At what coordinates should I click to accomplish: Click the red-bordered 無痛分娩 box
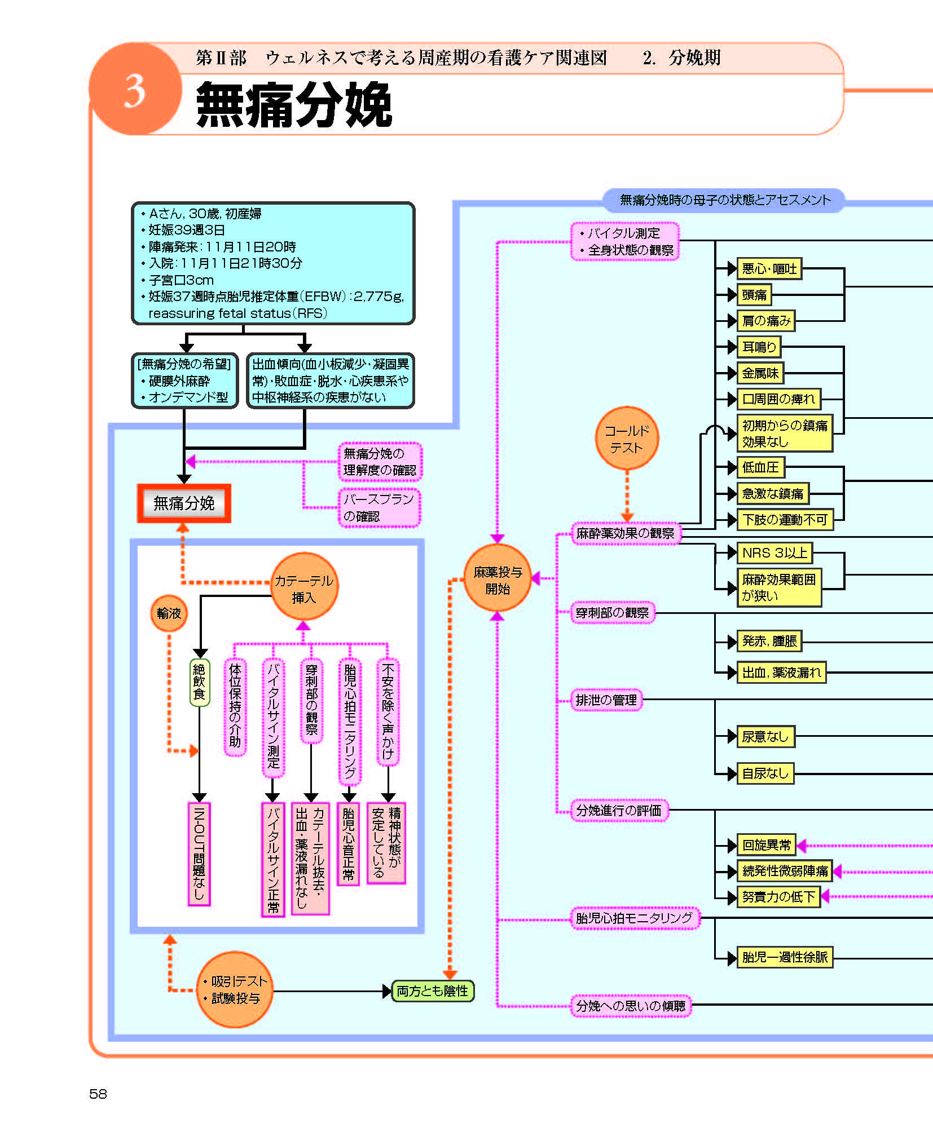[x=184, y=503]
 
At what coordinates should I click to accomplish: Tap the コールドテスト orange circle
[x=627, y=439]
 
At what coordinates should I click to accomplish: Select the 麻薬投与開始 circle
[x=498, y=580]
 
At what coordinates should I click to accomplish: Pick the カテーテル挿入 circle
[x=304, y=587]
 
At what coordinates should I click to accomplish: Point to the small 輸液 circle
[x=169, y=613]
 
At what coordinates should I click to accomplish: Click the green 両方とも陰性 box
[x=433, y=990]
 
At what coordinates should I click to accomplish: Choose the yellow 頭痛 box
[x=754, y=294]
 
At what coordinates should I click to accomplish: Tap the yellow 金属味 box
[x=760, y=373]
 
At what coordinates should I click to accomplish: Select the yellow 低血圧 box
[x=760, y=467]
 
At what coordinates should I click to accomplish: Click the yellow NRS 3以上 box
[x=774, y=553]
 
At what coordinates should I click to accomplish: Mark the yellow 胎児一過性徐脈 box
[x=785, y=957]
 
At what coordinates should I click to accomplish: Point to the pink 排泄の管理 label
[x=606, y=700]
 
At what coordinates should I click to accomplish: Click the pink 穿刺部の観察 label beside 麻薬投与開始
[x=612, y=612]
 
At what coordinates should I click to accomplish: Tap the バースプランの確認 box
[x=380, y=507]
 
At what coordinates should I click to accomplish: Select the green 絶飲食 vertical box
[x=200, y=682]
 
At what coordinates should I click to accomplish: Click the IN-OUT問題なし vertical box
[x=199, y=853]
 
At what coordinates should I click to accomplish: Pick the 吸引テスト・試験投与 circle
[x=235, y=990]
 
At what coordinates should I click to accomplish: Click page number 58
[x=98, y=1094]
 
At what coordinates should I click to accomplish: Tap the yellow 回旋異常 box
[x=767, y=844]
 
